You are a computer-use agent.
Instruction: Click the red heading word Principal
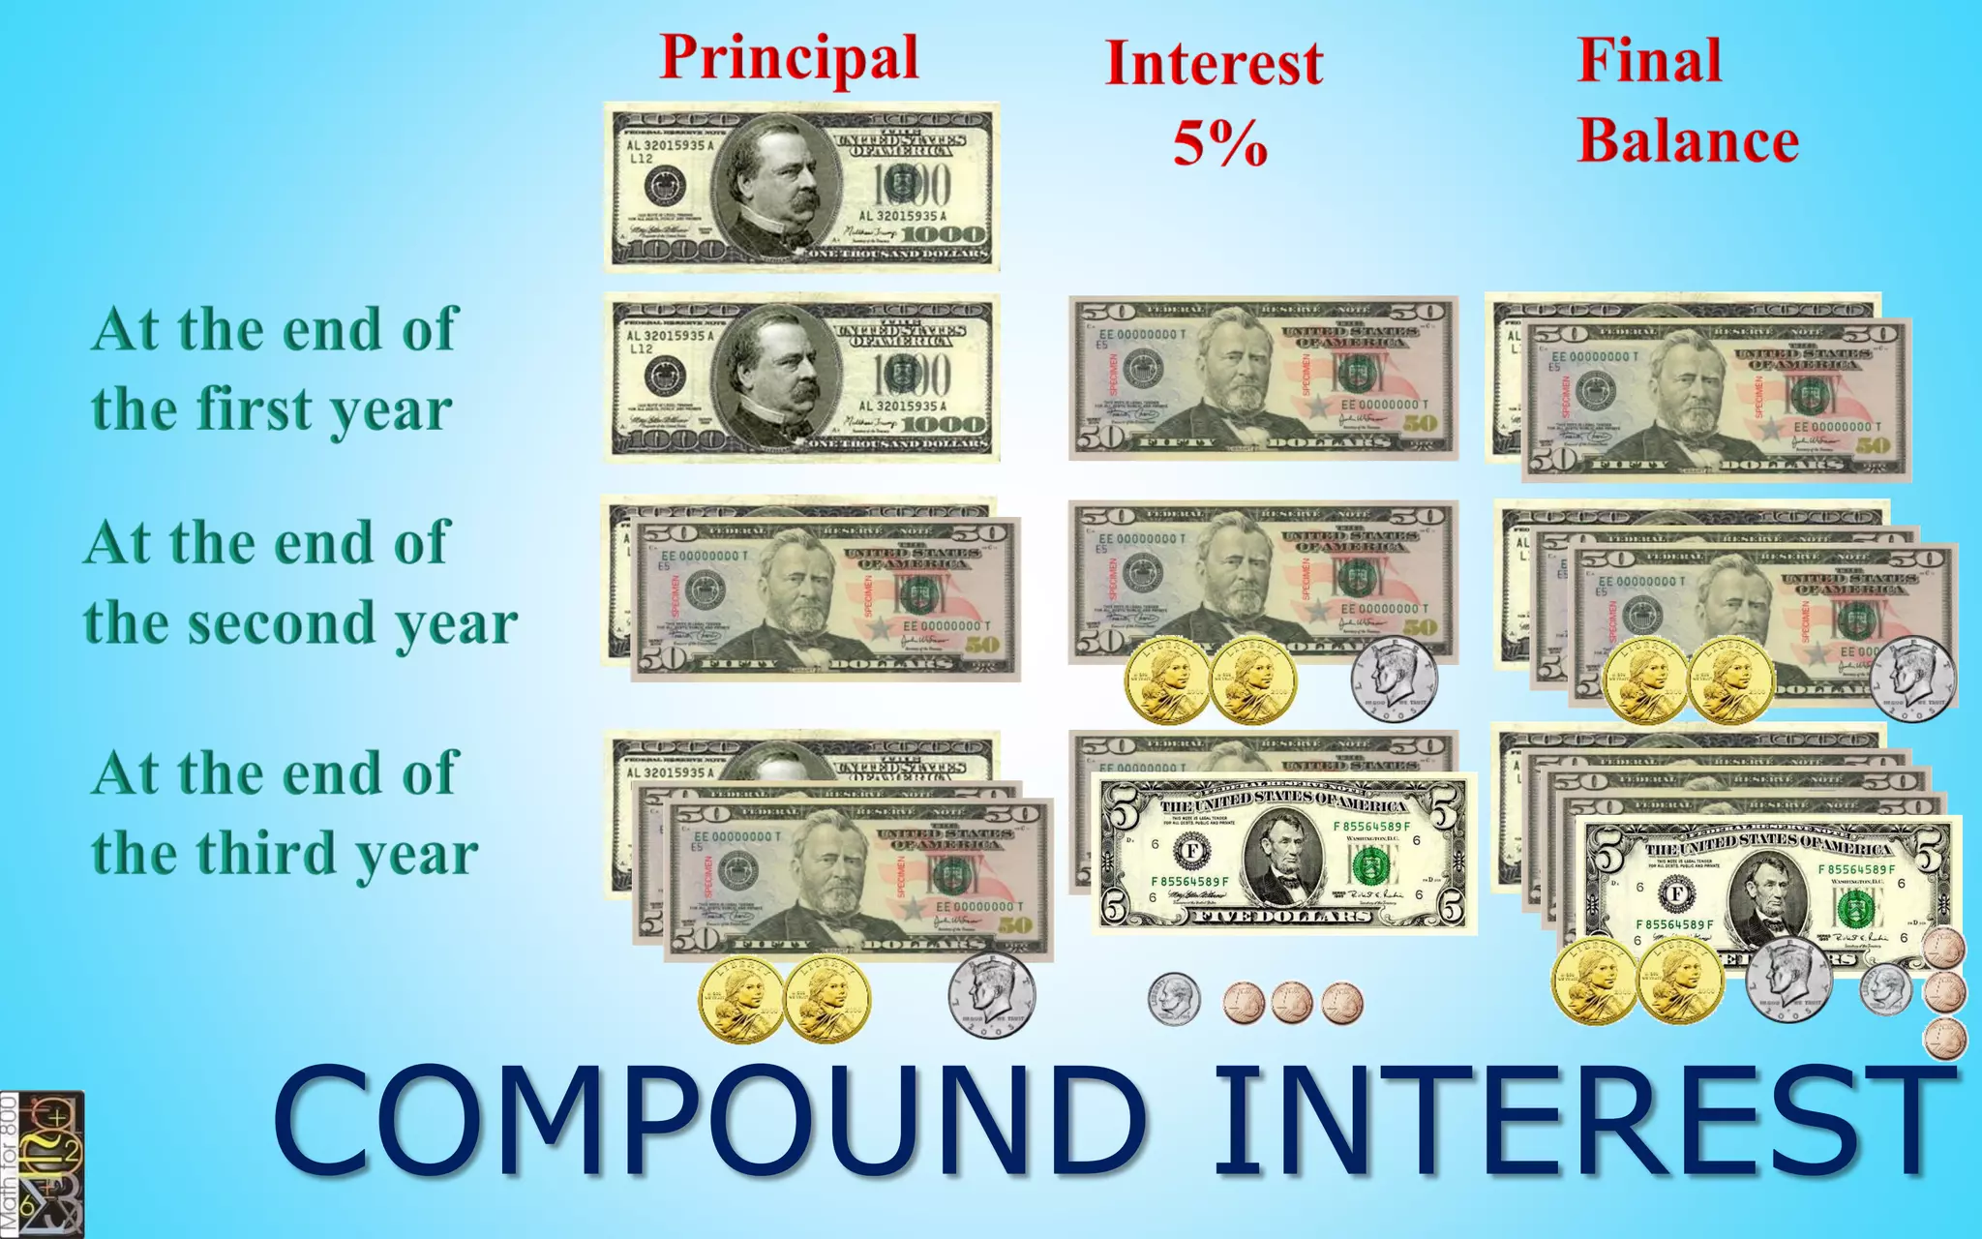(789, 58)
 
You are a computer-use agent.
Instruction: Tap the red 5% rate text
(1219, 143)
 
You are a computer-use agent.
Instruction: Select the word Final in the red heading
(1649, 60)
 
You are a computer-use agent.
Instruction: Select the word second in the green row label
(291, 622)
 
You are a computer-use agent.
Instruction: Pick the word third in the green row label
(267, 853)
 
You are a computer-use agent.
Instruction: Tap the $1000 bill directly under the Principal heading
(801, 187)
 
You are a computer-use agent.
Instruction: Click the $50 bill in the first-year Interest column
(1263, 378)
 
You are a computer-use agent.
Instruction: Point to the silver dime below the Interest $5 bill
(1174, 999)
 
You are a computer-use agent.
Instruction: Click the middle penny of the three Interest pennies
(1292, 1003)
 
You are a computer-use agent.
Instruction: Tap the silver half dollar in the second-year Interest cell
(1394, 678)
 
